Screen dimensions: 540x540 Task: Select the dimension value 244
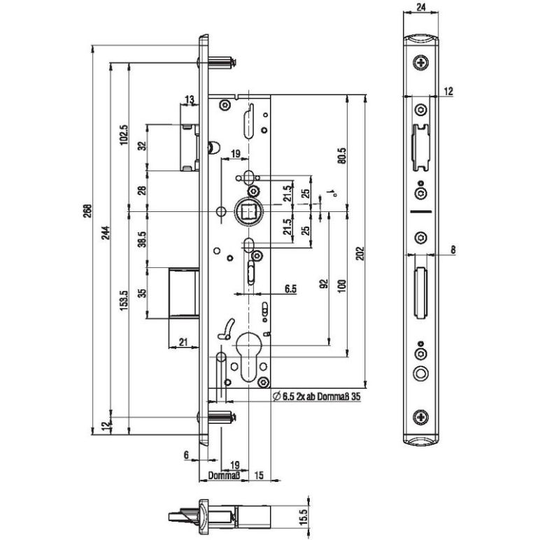tap(106, 237)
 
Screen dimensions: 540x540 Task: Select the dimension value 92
tap(323, 284)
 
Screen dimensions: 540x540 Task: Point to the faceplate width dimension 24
tap(420, 8)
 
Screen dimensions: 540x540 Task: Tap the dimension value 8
tap(453, 248)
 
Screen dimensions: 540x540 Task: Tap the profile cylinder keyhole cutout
tap(249, 353)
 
